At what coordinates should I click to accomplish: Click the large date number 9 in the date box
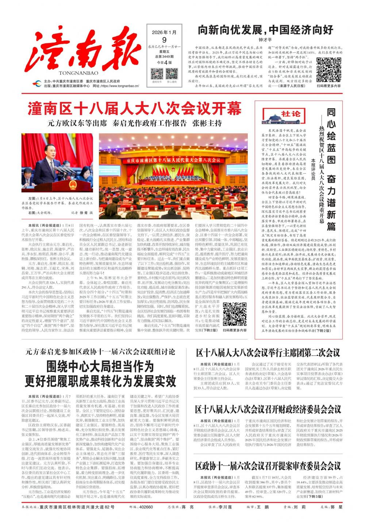[164, 40]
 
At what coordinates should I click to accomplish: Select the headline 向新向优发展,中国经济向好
[265, 30]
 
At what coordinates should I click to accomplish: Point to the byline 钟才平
[265, 40]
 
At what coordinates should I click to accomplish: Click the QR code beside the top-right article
[328, 69]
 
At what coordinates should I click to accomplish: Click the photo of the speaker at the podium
[57, 163]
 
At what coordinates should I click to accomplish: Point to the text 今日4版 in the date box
[164, 62]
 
